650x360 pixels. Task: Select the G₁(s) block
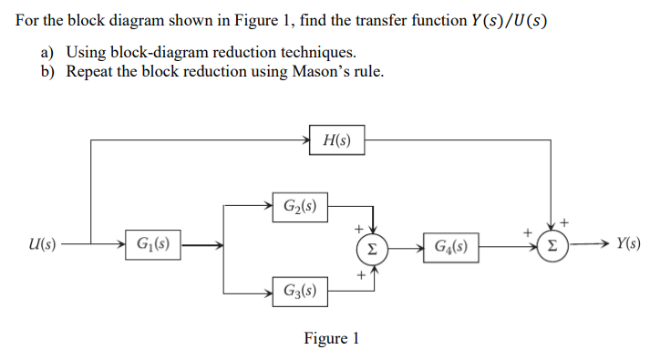point(152,244)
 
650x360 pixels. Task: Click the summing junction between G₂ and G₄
point(371,246)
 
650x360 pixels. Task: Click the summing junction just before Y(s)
point(551,245)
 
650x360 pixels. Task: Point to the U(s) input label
point(42,244)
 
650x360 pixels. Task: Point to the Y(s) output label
point(627,244)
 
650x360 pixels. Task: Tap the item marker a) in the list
point(46,52)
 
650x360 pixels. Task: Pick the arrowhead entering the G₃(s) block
point(268,293)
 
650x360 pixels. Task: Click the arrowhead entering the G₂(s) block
point(268,206)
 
